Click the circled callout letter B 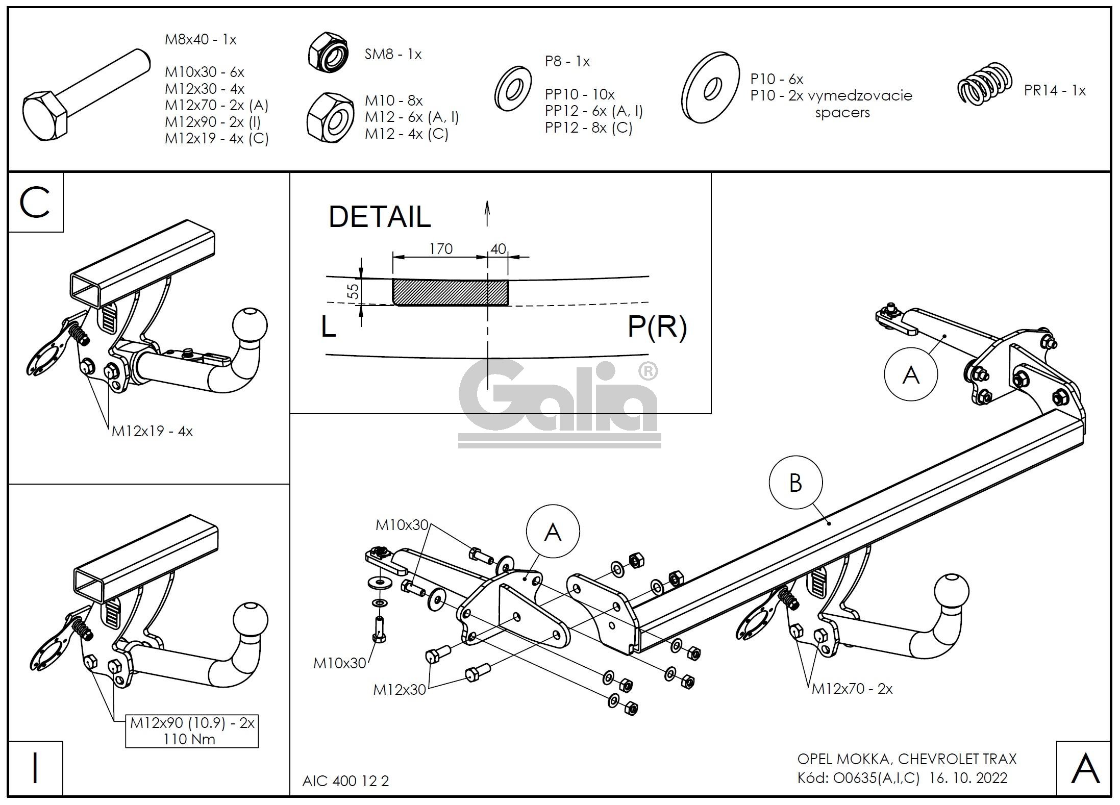click(x=795, y=483)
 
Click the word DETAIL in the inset click(x=380, y=216)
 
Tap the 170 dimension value click(x=441, y=248)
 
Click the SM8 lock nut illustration click(x=328, y=51)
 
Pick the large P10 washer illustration click(x=710, y=87)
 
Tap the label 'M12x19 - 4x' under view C click(x=152, y=431)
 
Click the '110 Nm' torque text click(x=189, y=739)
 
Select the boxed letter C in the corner click(x=35, y=203)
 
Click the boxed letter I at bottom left click(x=35, y=769)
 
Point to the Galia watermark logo click(x=559, y=403)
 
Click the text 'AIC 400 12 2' click(x=345, y=781)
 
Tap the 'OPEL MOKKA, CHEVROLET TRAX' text click(x=907, y=759)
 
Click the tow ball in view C click(x=250, y=325)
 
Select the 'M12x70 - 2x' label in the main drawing click(x=852, y=689)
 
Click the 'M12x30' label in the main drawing click(x=399, y=690)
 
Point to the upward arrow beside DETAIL click(x=487, y=213)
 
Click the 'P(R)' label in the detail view click(x=657, y=326)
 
